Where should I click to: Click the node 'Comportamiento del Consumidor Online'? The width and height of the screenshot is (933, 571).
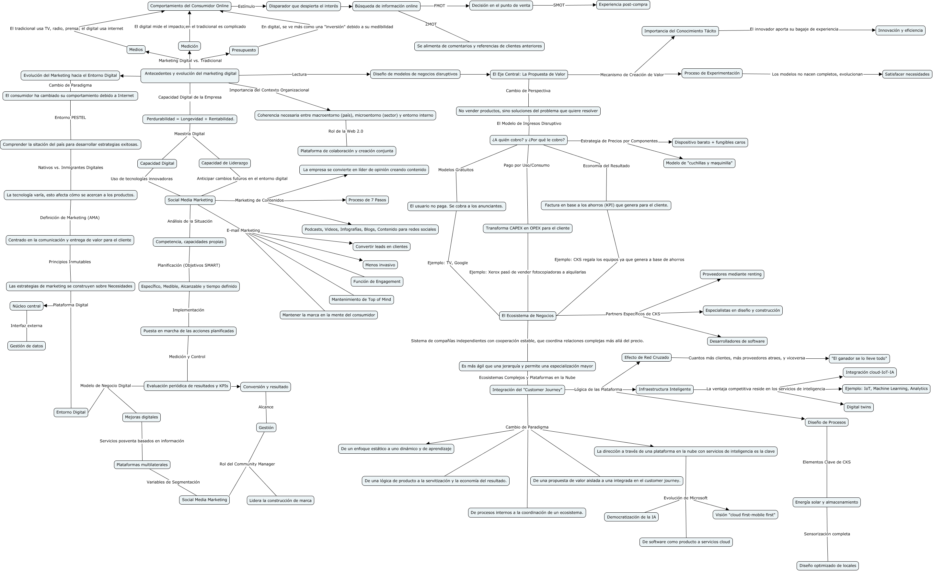pos(189,6)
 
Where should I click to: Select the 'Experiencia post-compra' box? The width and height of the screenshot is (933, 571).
pos(623,5)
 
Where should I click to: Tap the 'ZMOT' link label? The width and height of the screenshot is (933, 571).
pos(431,24)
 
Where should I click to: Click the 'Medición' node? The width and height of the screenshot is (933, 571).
pos(189,46)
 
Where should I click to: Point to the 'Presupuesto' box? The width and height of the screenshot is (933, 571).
pos(244,51)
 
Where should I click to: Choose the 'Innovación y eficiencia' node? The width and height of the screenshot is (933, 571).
pos(900,31)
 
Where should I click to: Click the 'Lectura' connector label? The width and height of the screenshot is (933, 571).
pos(299,75)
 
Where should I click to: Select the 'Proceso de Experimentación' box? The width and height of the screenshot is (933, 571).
pos(711,74)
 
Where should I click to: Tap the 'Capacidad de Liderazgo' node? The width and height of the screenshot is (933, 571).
pos(225,163)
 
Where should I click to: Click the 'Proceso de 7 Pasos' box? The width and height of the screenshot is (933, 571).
pos(367,200)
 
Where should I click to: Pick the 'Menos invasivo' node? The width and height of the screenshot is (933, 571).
pos(380,265)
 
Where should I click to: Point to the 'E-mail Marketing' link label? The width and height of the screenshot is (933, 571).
pos(243,230)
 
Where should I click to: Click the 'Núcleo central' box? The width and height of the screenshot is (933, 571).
pos(27,306)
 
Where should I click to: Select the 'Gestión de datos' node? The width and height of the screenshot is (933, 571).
pos(27,346)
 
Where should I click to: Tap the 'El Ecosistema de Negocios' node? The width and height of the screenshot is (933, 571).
pos(527,316)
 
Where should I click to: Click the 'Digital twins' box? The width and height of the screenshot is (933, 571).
pos(858,407)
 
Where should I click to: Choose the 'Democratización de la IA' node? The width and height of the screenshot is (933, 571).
pos(631,517)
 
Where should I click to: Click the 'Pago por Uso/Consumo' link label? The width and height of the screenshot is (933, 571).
pos(526,166)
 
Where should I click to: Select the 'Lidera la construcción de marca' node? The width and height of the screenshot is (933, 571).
pos(280,501)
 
